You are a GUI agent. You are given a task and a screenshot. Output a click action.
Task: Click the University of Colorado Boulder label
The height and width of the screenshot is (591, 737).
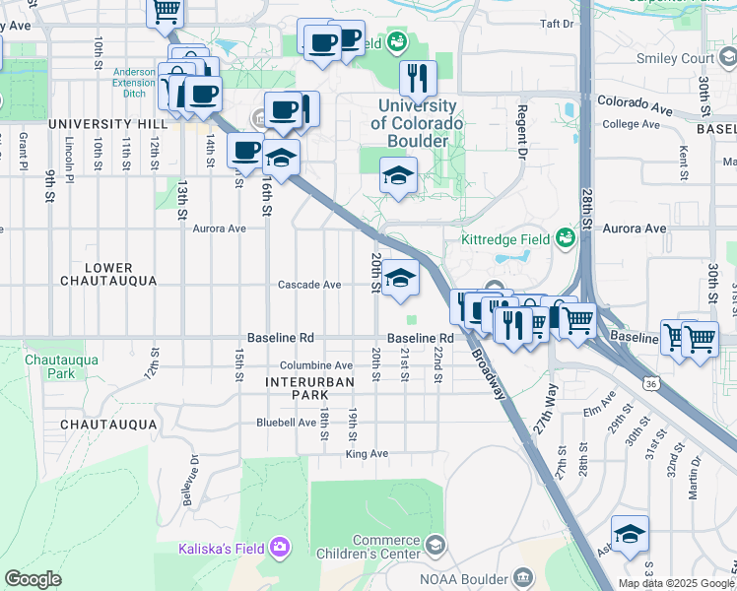417,123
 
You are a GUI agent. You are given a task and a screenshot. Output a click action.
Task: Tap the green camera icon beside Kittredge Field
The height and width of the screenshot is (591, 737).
565,238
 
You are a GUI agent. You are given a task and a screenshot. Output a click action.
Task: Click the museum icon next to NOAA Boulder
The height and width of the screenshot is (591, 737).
524,576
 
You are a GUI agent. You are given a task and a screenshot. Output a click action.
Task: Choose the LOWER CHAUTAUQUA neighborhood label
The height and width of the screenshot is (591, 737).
108,275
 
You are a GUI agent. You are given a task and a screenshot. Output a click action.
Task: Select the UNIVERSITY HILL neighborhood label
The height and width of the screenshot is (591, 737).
107,124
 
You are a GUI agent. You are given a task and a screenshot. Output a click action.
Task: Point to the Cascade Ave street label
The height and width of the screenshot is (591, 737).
309,285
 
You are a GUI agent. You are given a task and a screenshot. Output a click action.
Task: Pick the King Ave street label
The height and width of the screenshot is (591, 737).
367,454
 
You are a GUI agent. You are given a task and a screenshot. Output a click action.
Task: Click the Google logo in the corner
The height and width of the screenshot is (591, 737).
33,579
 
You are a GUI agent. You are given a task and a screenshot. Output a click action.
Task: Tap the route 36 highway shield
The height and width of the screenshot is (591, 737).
648,382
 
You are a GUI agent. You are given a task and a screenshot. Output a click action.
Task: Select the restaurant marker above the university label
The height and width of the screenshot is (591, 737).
418,78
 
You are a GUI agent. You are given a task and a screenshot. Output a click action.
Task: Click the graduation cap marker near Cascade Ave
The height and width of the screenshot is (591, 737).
401,280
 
